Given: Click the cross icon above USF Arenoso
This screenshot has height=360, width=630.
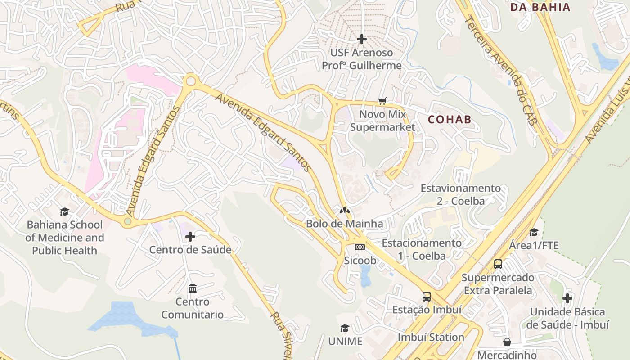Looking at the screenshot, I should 361,39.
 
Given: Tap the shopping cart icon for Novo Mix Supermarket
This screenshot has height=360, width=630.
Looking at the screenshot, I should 382,101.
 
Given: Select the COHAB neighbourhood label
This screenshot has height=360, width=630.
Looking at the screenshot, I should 450,119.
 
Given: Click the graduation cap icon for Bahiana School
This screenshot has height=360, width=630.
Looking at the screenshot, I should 64,211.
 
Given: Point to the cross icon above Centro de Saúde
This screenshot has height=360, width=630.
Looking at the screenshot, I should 190,236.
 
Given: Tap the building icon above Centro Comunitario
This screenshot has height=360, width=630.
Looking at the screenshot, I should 193,288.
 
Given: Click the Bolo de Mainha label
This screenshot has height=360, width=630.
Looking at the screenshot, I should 345,224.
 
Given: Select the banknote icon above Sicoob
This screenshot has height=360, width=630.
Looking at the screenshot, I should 360,247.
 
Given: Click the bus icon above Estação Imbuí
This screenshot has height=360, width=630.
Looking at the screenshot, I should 427,296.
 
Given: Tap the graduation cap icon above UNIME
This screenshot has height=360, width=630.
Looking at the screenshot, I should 345,328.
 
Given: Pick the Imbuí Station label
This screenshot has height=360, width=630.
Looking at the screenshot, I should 431,337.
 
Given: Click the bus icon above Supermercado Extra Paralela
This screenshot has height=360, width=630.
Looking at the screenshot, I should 498,264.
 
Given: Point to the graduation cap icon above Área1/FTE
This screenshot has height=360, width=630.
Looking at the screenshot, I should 534,232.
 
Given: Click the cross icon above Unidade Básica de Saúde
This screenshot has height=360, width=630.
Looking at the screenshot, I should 567,298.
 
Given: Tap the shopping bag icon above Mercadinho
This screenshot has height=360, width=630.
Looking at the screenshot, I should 507,342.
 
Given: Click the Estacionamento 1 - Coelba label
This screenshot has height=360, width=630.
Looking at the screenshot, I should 422,249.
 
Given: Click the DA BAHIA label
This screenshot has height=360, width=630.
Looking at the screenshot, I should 540,7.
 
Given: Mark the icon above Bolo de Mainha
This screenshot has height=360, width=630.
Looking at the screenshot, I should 345,210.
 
